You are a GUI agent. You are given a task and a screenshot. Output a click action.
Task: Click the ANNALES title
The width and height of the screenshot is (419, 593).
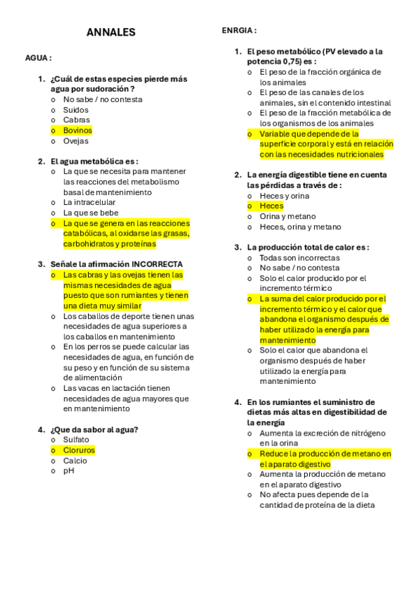[111, 32]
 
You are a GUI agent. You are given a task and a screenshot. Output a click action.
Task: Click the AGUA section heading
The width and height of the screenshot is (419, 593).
[38, 58]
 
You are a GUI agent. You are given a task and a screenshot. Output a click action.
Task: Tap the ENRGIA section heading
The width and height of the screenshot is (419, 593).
[239, 31]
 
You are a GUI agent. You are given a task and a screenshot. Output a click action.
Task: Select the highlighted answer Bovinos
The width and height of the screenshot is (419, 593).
[78, 130]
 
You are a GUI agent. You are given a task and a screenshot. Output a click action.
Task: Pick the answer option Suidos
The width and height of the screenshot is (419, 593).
[76, 110]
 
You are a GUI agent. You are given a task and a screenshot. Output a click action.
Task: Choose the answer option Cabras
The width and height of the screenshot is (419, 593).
[76, 120]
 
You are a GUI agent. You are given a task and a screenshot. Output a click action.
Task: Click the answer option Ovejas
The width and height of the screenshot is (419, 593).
[76, 141]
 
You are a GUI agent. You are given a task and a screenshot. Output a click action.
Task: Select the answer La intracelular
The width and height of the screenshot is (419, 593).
[90, 202]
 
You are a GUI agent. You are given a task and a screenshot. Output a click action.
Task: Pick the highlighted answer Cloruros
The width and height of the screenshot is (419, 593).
[79, 450]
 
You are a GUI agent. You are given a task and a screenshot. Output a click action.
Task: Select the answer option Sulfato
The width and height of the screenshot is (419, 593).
[76, 440]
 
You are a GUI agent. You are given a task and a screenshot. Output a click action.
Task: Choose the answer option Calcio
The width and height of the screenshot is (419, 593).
[76, 461]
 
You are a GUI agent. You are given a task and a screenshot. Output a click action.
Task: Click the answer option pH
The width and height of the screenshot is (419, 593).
[69, 471]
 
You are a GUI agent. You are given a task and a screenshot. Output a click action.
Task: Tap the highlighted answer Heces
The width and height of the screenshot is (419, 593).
[271, 206]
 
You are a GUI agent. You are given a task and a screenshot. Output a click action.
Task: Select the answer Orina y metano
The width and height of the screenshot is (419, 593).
[287, 217]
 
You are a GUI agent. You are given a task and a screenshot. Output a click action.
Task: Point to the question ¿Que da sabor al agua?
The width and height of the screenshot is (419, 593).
[94, 429]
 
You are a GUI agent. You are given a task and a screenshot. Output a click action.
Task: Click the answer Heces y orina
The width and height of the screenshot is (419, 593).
[284, 196]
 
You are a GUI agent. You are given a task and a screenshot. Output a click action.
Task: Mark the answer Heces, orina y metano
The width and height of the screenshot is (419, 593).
[300, 227]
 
